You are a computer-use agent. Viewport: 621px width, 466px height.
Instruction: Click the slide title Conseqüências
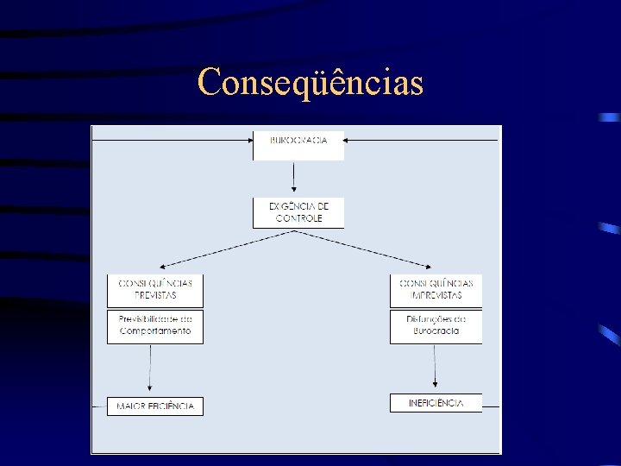[310, 84]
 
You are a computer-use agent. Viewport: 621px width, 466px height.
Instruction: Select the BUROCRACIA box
[298, 145]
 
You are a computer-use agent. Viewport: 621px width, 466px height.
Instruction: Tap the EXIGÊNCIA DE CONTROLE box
[298, 213]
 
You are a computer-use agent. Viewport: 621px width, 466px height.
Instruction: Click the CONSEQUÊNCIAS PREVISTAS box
[155, 290]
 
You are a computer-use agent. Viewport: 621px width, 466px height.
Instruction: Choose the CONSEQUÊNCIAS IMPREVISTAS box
[436, 290]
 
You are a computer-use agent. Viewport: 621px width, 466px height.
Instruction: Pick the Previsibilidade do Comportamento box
[155, 326]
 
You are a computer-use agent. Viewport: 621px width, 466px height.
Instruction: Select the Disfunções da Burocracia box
[436, 326]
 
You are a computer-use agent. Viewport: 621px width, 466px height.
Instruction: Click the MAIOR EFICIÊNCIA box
[155, 406]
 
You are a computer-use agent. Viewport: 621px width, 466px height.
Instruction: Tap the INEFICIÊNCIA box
[436, 403]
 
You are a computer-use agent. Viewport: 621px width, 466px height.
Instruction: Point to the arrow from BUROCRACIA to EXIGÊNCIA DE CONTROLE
[294, 178]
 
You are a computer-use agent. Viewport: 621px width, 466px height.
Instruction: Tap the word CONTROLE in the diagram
[298, 219]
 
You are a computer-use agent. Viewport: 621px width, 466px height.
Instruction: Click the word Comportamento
[155, 331]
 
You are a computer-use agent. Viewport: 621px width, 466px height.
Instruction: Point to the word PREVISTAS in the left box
[155, 295]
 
